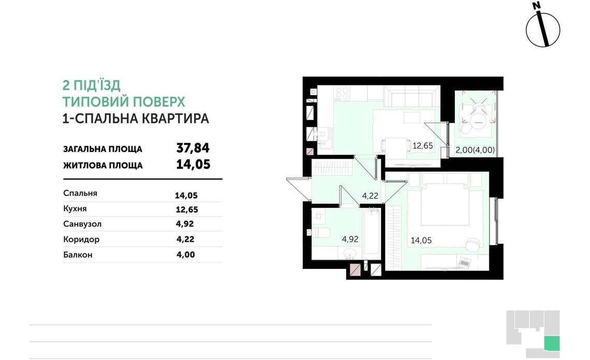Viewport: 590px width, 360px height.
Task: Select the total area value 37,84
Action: (x=193, y=148)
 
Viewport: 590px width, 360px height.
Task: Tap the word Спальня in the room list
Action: (x=80, y=193)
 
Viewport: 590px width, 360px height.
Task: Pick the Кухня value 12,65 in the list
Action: (x=187, y=210)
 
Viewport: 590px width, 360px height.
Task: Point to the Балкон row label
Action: (x=78, y=254)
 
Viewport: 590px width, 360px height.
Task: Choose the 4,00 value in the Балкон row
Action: (x=186, y=254)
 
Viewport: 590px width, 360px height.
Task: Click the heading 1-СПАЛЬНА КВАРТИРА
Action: (x=136, y=118)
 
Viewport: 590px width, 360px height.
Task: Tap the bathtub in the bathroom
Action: (x=372, y=233)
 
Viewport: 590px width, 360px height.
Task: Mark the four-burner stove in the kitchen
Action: (x=343, y=93)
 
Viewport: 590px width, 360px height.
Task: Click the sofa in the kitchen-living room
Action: (x=412, y=96)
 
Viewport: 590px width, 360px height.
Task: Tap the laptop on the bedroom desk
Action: (x=464, y=263)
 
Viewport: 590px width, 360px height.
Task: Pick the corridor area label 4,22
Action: (x=370, y=196)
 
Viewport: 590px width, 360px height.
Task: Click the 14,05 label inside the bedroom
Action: (x=421, y=241)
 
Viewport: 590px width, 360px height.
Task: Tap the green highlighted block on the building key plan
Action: (x=552, y=343)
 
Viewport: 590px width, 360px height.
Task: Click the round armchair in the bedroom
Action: (x=473, y=244)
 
